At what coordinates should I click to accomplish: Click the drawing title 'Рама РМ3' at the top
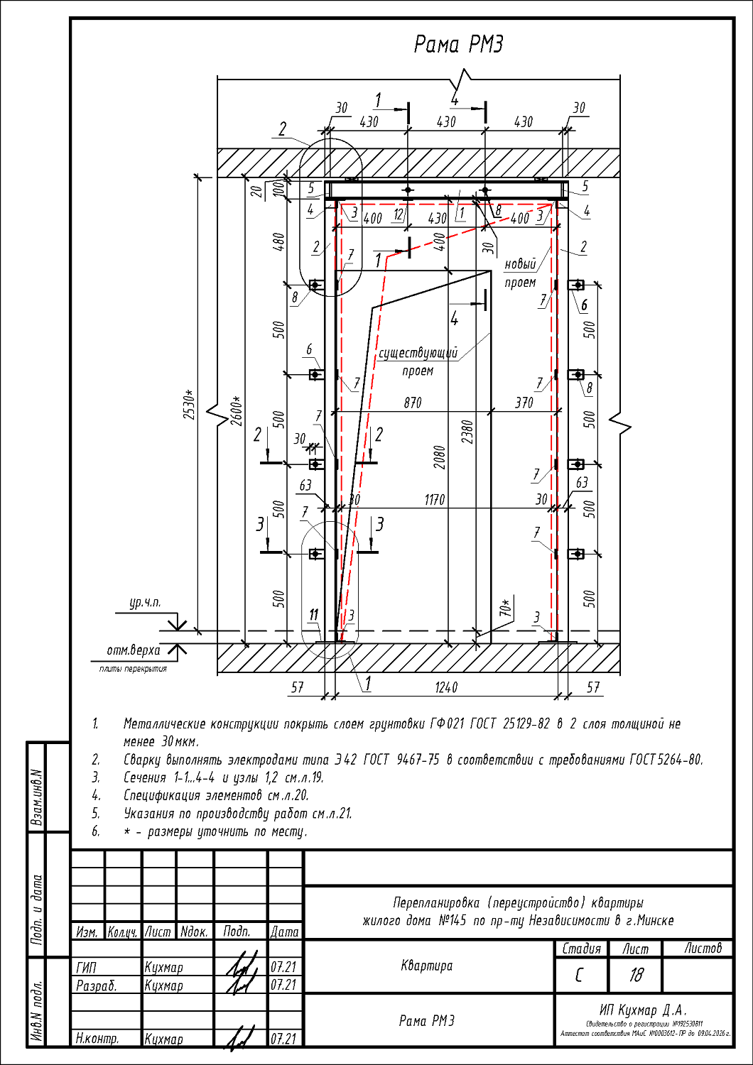point(458,45)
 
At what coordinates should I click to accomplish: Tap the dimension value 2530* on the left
point(189,404)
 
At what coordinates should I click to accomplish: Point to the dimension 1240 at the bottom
point(445,687)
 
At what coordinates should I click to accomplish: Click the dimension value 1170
point(434,500)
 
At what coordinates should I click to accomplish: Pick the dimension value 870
point(412,403)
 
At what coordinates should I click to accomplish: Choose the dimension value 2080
point(440,457)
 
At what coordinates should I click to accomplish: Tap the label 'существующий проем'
point(418,361)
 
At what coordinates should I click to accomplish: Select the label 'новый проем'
point(521,273)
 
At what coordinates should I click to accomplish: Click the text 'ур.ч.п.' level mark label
point(144,603)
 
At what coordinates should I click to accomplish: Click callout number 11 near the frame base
point(313,615)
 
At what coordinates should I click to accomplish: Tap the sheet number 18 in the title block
point(635,975)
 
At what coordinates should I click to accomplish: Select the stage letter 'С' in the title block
point(580,975)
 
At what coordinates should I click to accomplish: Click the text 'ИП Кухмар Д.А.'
point(643,1010)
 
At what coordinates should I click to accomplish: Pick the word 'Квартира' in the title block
point(426,966)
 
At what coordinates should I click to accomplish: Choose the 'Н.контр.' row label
point(97,1039)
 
